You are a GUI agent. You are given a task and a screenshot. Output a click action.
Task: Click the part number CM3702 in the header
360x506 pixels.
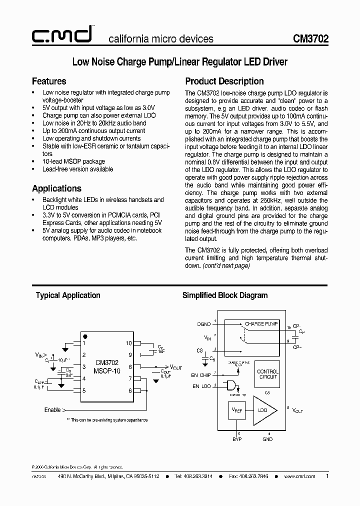[311, 39]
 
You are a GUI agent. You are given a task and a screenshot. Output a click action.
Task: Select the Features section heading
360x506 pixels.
[49, 81]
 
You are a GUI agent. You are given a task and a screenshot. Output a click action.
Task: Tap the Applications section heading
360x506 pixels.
[56, 188]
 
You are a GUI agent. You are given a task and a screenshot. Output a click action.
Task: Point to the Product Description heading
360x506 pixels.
[224, 81]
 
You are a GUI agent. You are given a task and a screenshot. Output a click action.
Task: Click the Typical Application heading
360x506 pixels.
[68, 295]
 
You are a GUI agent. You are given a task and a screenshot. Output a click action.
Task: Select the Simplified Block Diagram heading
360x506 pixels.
[224, 295]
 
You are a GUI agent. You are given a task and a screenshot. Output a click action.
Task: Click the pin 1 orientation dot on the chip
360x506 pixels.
[85, 336]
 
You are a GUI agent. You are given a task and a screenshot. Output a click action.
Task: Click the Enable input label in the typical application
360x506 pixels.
[52, 410]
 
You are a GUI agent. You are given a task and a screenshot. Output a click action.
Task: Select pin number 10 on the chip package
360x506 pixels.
[128, 343]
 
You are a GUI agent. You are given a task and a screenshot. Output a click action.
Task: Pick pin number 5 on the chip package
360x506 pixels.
[84, 390]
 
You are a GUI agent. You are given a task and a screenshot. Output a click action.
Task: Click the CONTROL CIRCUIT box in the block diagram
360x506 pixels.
[267, 374]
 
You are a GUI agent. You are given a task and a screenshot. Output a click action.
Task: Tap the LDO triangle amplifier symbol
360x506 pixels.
[263, 410]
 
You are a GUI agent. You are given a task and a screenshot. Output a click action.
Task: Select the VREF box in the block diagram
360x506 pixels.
[237, 410]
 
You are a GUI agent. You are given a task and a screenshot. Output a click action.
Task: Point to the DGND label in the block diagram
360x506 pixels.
[204, 324]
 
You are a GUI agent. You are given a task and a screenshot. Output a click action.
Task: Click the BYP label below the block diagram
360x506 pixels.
[236, 439]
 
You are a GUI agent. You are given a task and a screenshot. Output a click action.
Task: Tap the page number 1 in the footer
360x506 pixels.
[327, 476]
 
